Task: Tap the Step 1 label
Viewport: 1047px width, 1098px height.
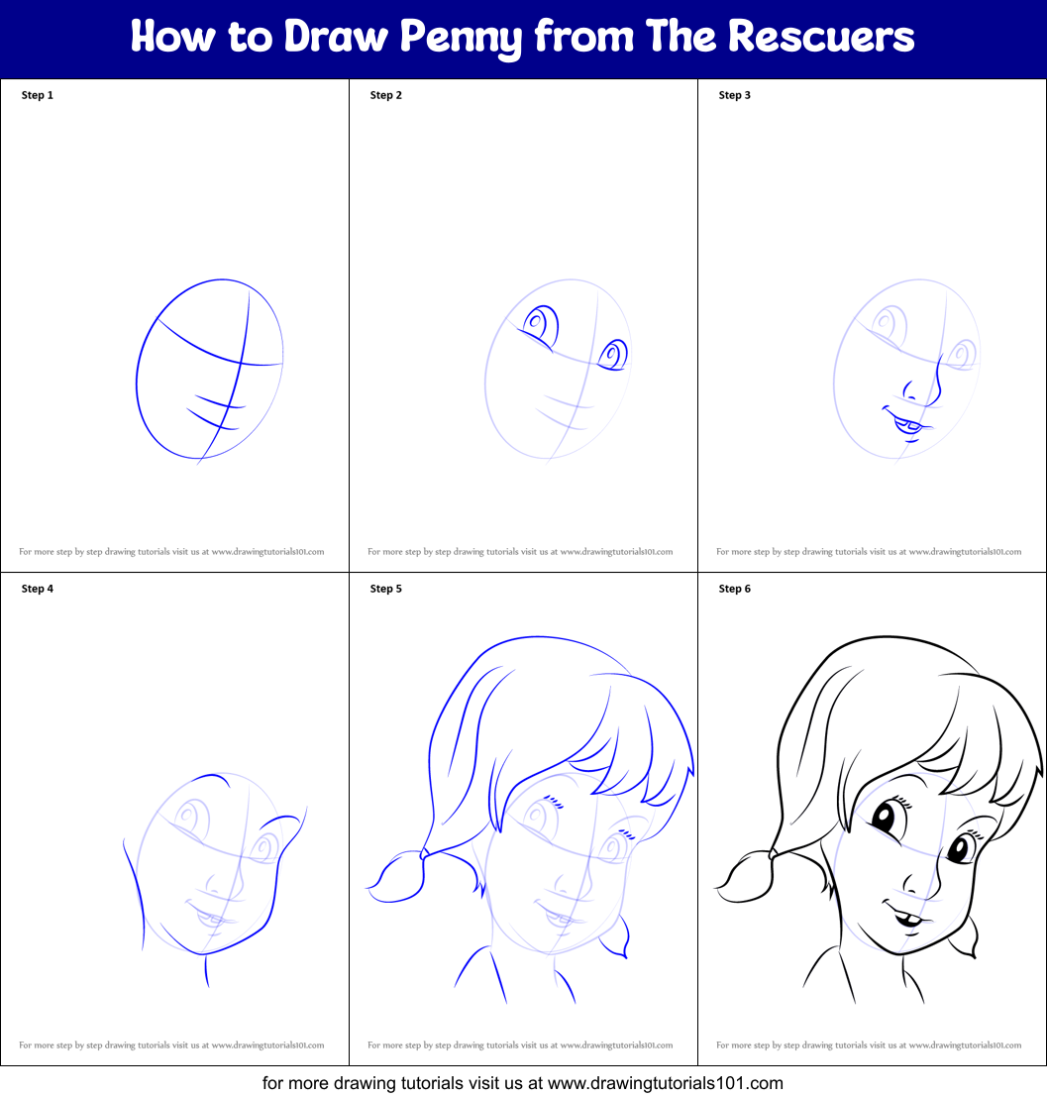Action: click(38, 95)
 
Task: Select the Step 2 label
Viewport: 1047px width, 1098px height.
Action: click(386, 95)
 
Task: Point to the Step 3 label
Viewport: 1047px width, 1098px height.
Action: click(735, 95)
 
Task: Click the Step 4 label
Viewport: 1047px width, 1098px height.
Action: click(38, 589)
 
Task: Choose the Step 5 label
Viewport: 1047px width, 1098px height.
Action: click(386, 589)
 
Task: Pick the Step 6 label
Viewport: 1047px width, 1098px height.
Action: click(735, 589)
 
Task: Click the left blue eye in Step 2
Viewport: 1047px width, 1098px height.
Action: click(540, 324)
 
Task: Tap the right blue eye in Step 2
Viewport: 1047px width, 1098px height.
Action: click(613, 356)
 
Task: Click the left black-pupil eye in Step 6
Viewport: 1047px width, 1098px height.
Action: click(882, 820)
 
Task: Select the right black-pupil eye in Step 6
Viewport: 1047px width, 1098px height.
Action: click(959, 849)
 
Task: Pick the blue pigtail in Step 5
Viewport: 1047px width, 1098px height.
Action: click(396, 878)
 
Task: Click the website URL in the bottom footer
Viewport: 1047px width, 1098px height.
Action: click(665, 1083)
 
